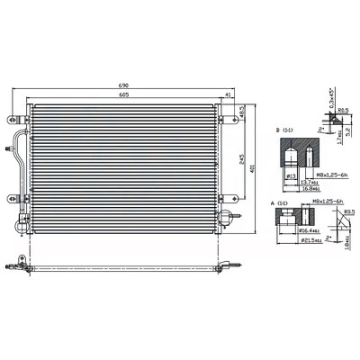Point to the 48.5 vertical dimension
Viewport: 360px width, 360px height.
[x=242, y=112]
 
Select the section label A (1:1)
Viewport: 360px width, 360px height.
[x=282, y=206]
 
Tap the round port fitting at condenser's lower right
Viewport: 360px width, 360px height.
[x=230, y=216]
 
